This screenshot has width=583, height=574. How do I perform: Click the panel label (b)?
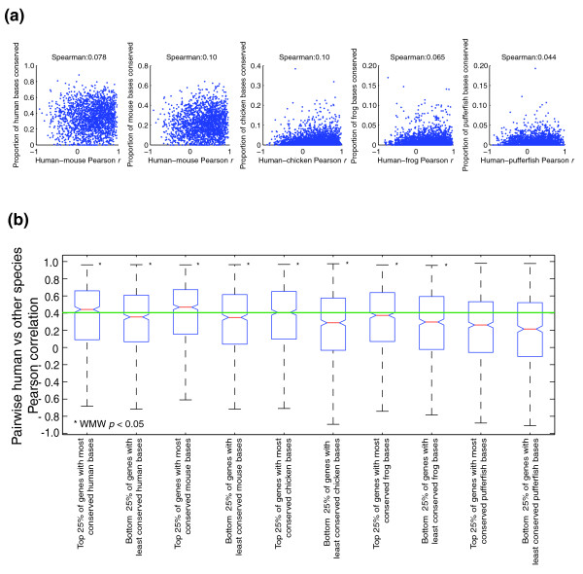(x=20, y=220)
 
